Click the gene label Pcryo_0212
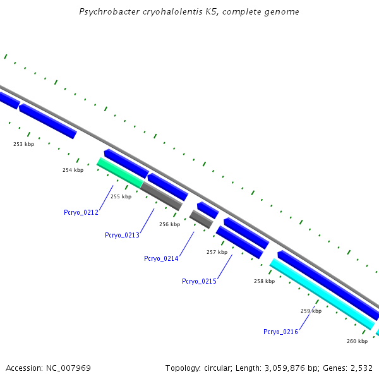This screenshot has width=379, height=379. tap(81, 212)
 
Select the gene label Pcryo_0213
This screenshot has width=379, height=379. tap(122, 235)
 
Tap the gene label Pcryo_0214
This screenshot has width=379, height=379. tap(161, 258)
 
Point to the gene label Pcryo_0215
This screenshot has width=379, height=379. tap(199, 281)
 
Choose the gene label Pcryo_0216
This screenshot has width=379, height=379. tap(280, 332)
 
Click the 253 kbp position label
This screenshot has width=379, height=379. tap(23, 144)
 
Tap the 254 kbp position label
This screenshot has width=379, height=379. tap(73, 170)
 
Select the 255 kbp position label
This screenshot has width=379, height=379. tap(121, 196)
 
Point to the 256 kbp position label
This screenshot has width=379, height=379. tap(169, 224)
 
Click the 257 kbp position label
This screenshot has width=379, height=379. tap(217, 252)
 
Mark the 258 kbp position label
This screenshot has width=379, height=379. tap(264, 281)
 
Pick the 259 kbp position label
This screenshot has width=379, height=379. tap(311, 311)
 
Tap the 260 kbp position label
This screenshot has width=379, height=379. tap(357, 341)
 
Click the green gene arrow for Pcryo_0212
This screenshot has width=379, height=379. tap(120, 172)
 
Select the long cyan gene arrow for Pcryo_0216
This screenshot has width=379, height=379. tap(322, 294)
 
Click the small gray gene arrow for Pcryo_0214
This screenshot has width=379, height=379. tap(201, 219)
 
